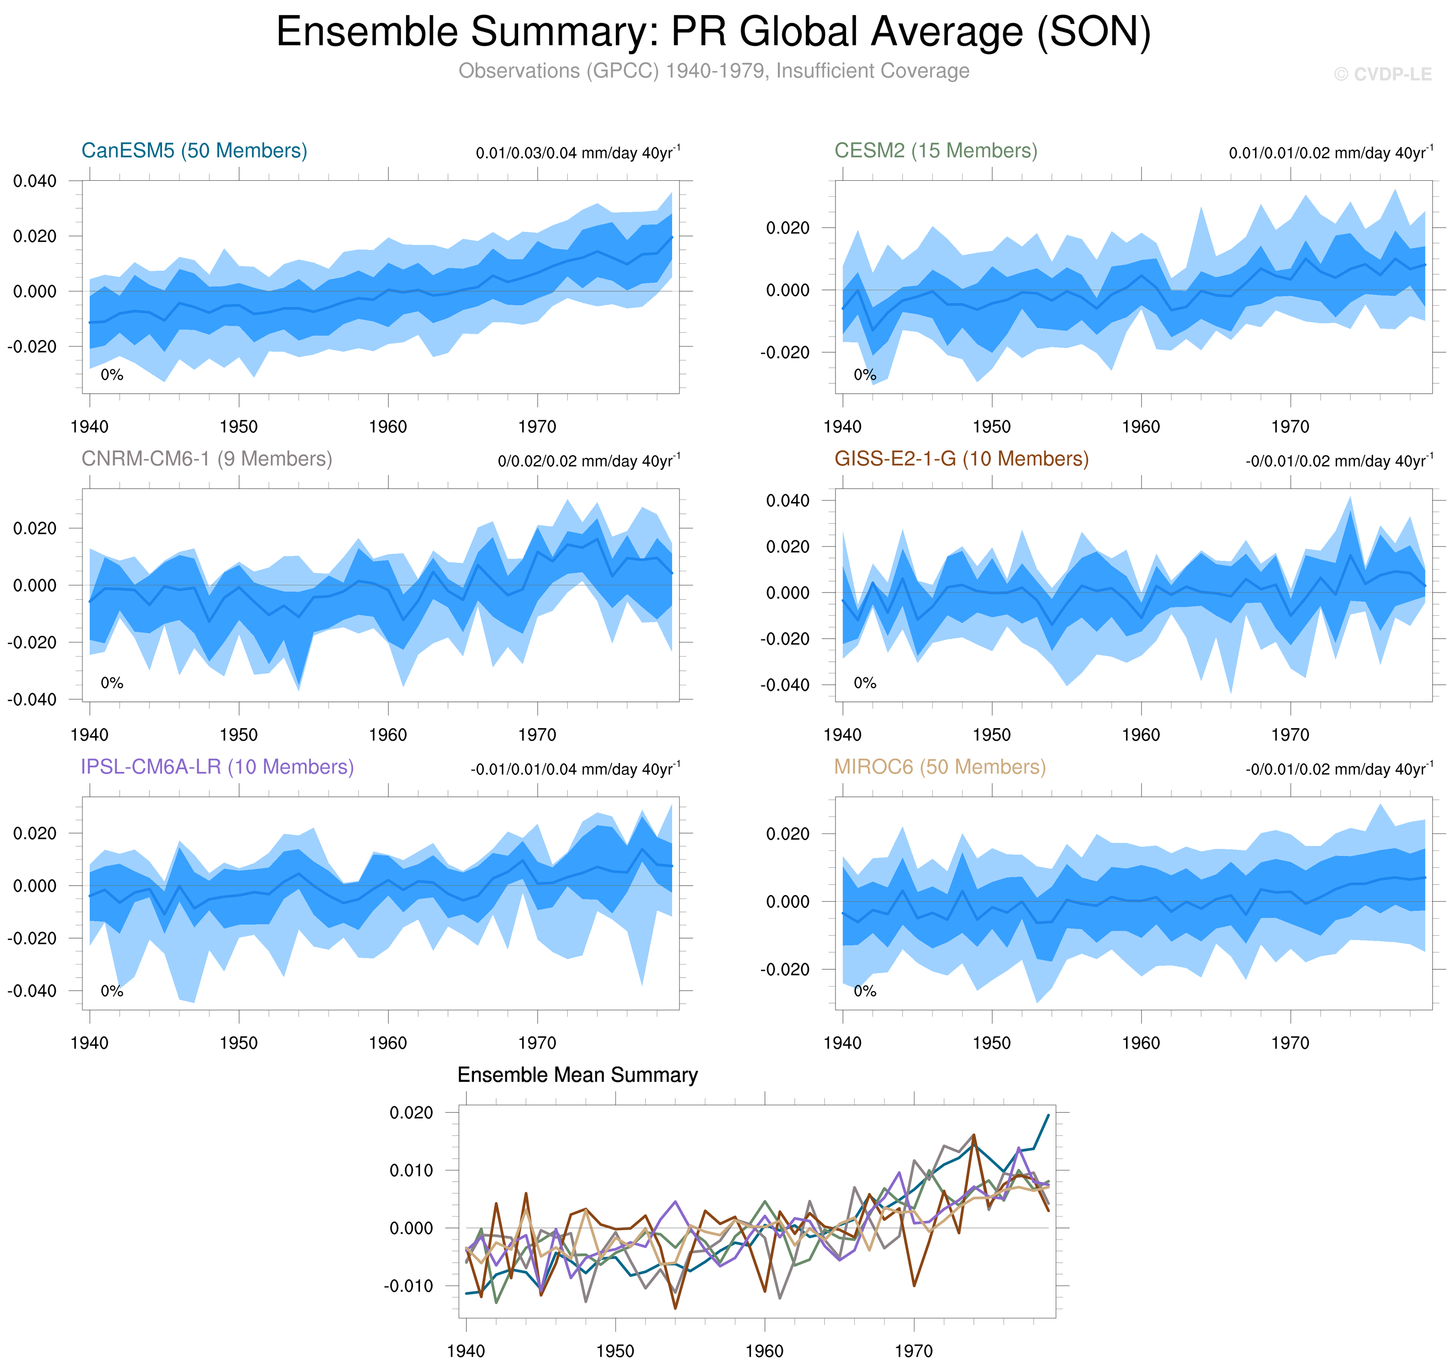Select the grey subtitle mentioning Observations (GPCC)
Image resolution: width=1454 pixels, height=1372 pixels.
click(713, 71)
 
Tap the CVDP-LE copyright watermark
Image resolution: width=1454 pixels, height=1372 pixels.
click(1382, 75)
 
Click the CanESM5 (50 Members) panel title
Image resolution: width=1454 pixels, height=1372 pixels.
click(194, 151)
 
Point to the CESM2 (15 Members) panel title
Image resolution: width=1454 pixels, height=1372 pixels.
click(935, 151)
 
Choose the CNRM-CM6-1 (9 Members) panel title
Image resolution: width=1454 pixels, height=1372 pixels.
click(206, 459)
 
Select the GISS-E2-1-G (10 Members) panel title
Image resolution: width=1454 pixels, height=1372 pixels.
click(961, 459)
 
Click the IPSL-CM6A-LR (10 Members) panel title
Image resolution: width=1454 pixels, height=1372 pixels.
click(217, 767)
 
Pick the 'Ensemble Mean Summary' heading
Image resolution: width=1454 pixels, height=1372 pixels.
click(577, 1074)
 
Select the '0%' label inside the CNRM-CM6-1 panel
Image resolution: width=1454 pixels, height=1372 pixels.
click(112, 683)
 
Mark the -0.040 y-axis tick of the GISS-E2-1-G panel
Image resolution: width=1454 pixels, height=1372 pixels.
click(785, 685)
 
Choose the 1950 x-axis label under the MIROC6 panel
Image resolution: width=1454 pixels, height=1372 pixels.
click(991, 1043)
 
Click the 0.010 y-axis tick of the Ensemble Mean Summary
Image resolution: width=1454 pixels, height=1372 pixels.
click(411, 1170)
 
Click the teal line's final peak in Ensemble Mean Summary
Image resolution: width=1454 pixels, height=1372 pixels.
click(1048, 1115)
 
